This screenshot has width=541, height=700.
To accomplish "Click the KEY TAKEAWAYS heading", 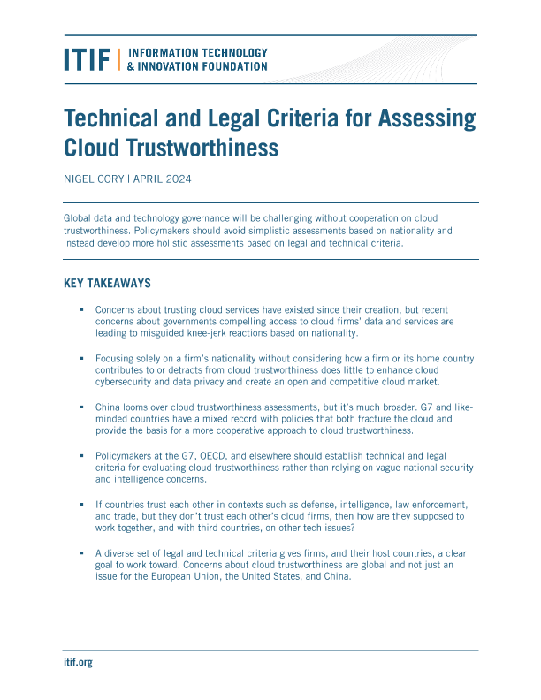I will coord(107,284).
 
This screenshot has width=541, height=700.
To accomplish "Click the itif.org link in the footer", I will coord(78,662).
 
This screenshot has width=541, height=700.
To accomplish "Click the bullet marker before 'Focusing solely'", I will coord(80,359).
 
